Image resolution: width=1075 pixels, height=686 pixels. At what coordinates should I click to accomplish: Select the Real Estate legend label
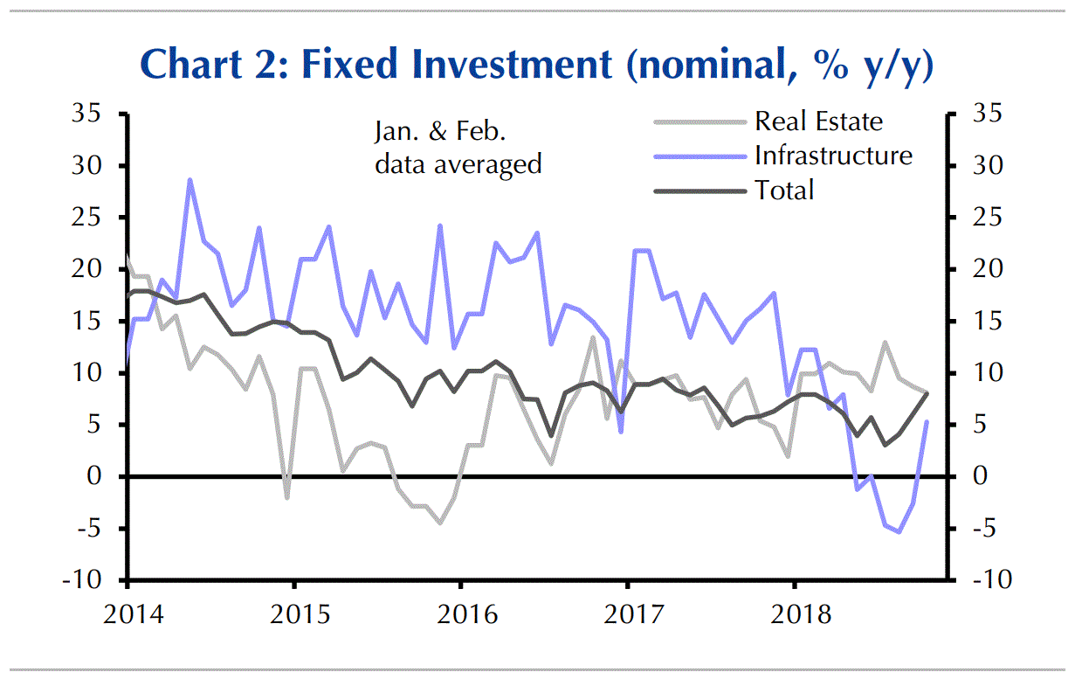click(x=818, y=121)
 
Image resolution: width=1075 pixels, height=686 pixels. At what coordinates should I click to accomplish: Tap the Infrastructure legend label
click(x=833, y=156)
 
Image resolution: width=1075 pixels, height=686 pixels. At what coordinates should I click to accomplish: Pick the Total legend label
click(x=784, y=190)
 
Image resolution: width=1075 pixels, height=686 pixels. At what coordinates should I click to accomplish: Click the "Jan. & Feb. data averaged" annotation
click(x=458, y=148)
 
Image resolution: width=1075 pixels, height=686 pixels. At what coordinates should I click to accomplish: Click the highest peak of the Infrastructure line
click(x=190, y=180)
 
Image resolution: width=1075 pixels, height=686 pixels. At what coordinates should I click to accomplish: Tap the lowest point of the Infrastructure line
click(x=899, y=531)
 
